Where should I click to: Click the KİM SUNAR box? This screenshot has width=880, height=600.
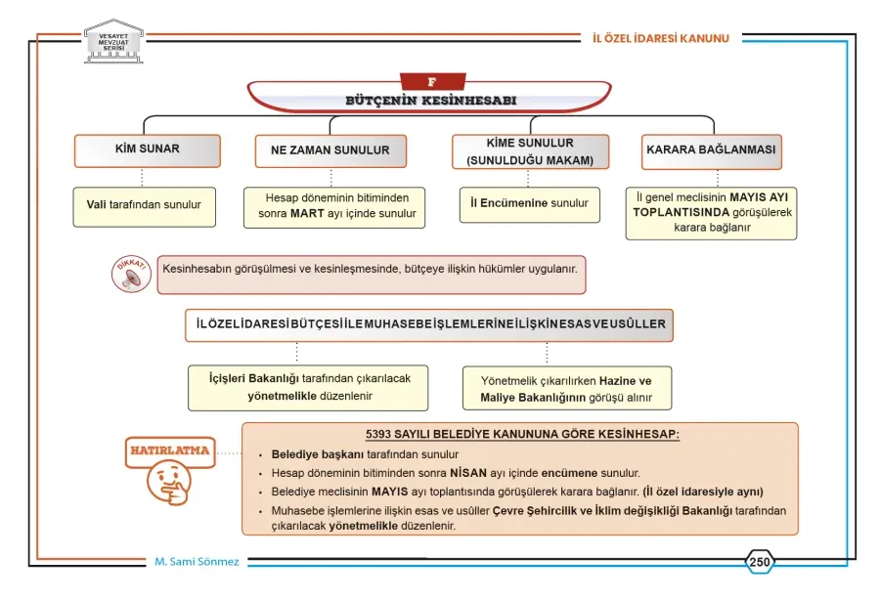[147, 150]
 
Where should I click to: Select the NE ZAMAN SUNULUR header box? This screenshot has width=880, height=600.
[330, 150]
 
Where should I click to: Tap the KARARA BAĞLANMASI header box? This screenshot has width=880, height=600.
[712, 150]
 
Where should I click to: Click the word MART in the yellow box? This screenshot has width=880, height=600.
[307, 214]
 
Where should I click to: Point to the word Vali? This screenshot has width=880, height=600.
[96, 204]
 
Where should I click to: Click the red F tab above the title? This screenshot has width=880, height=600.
[432, 82]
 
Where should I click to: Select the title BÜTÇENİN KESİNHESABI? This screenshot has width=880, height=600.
[430, 101]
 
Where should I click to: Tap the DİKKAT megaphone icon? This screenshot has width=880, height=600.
[131, 275]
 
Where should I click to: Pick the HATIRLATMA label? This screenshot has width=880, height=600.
[170, 450]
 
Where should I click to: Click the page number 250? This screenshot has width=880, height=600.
[760, 562]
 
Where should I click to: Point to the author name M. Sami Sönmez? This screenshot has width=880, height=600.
[197, 562]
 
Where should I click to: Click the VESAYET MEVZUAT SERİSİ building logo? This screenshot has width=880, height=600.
[113, 41]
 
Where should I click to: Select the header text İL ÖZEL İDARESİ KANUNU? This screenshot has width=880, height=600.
[661, 39]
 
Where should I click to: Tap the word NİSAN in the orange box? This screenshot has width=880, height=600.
[468, 473]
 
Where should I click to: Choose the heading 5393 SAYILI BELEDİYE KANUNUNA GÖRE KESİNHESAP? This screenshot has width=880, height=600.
[522, 435]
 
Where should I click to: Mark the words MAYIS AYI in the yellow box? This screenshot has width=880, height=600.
[759, 197]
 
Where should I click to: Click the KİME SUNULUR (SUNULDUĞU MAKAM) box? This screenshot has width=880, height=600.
[530, 151]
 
